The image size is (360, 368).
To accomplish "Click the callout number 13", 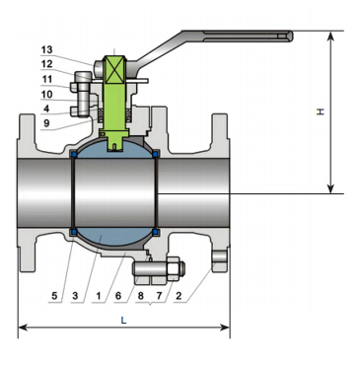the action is click(46, 49).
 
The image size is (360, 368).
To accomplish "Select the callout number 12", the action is click(46, 64).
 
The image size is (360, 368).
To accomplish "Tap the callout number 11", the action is click(47, 79).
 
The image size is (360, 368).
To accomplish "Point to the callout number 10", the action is click(46, 94).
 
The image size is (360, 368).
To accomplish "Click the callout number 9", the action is click(46, 123).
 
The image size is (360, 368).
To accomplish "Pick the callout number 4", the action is click(46, 109).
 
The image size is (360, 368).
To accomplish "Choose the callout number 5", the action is click(54, 296).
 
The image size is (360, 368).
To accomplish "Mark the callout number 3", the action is click(75, 296).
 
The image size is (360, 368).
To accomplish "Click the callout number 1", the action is click(98, 296).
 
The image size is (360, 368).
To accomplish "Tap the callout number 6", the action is click(118, 296).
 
